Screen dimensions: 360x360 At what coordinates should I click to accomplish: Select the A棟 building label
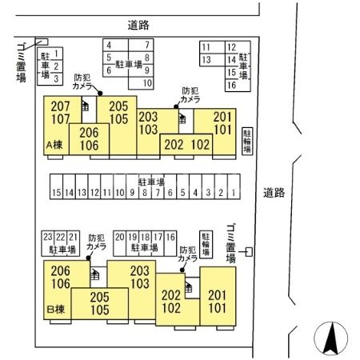pyautogui.click(x=55, y=145)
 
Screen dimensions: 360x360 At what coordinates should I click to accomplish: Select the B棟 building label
pyautogui.click(x=55, y=308)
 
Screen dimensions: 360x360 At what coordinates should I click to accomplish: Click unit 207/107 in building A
pyautogui.click(x=61, y=112)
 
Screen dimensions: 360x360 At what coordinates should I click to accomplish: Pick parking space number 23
pyautogui.click(x=48, y=237)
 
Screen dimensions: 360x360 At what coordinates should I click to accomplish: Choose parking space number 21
pyautogui.click(x=73, y=237)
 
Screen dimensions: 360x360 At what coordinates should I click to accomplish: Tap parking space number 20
pyautogui.click(x=120, y=237)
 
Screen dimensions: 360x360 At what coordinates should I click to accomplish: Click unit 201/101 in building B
pyautogui.click(x=217, y=299)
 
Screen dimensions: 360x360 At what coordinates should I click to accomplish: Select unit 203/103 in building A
pyautogui.click(x=148, y=122)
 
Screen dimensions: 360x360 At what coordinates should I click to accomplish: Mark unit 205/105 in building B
pyautogui.click(x=99, y=303)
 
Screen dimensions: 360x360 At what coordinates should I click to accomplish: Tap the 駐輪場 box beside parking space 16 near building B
pyautogui.click(x=206, y=244)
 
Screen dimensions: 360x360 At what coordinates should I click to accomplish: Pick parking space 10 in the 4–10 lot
pyautogui.click(x=147, y=82)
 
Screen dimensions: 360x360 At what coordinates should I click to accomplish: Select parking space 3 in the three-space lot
pyautogui.click(x=57, y=78)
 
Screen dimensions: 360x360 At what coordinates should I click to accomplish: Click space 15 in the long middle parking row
pyautogui.click(x=56, y=193)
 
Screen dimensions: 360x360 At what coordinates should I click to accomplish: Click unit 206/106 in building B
pyautogui.click(x=61, y=276)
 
